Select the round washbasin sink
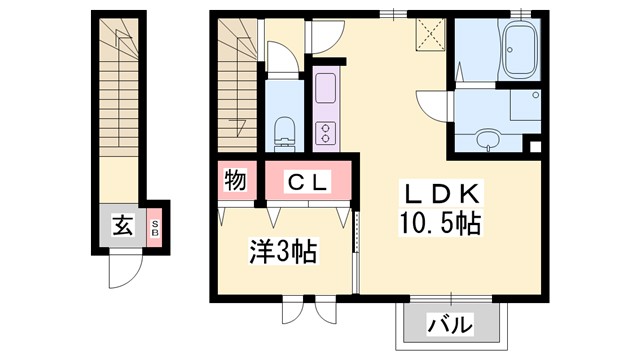point(487,139)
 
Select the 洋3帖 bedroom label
point(283,251)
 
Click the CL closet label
point(310,182)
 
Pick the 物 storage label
point(236,181)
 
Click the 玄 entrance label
point(121,226)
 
